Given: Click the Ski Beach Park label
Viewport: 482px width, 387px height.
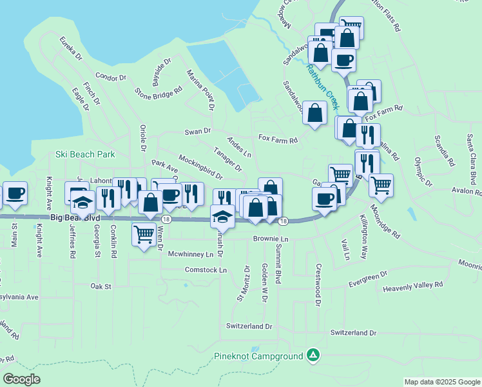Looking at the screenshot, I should coord(84,154).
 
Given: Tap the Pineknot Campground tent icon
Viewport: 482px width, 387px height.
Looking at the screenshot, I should coord(313,355).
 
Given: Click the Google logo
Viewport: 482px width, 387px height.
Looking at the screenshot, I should coord(22,379).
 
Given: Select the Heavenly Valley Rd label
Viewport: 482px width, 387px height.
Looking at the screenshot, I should coord(412,284).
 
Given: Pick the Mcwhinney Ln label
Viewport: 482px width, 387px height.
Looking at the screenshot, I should coord(190,254).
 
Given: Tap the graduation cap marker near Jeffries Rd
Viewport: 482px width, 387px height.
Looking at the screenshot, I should coord(82,203).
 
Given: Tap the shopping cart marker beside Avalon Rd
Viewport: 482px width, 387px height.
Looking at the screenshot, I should coord(381,184).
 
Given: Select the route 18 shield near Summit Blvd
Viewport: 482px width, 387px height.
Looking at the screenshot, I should coord(283,222).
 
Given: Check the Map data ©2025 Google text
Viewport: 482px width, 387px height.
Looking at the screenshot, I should coord(441,382).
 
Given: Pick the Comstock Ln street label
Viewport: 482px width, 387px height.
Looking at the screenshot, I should coord(206,270).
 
